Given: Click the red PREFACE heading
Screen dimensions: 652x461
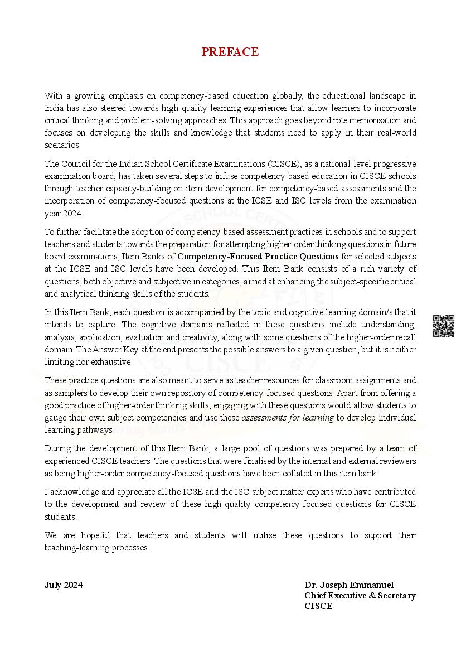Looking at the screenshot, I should click(x=230, y=52).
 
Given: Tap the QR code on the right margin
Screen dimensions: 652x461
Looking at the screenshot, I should click(x=443, y=326).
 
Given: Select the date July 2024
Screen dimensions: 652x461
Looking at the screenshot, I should click(x=64, y=585).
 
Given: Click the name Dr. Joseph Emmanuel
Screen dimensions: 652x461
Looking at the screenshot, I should click(x=349, y=585).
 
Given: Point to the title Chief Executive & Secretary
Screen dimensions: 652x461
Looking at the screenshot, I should click(x=360, y=596).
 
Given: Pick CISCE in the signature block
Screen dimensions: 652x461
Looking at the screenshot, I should click(x=318, y=606).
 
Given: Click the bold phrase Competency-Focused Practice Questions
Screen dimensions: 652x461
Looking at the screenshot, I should click(x=258, y=257).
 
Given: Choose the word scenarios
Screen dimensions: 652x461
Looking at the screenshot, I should click(x=62, y=145).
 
